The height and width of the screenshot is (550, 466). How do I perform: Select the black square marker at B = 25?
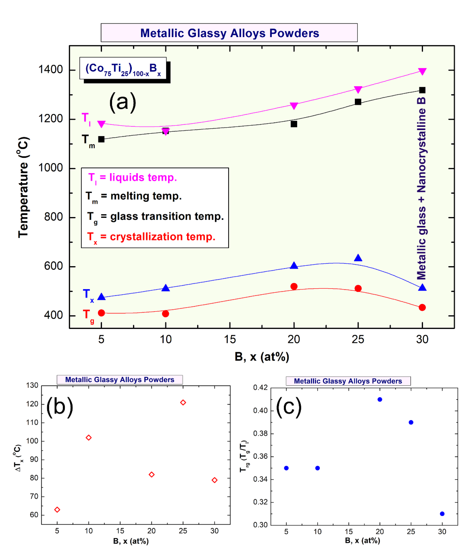click(x=358, y=102)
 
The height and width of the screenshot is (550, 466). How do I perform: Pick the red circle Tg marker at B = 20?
click(x=294, y=286)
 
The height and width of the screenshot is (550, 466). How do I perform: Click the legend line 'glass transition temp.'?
click(x=155, y=216)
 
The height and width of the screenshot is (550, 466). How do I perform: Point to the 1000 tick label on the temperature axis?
click(x=51, y=168)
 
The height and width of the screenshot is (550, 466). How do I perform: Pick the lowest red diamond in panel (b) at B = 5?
click(x=57, y=509)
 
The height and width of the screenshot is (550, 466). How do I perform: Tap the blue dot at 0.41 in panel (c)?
click(x=380, y=399)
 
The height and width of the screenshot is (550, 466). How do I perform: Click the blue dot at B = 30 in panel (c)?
click(x=442, y=514)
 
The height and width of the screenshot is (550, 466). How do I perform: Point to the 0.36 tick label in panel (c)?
click(x=260, y=456)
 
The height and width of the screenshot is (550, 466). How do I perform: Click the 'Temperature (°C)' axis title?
click(x=23, y=188)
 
